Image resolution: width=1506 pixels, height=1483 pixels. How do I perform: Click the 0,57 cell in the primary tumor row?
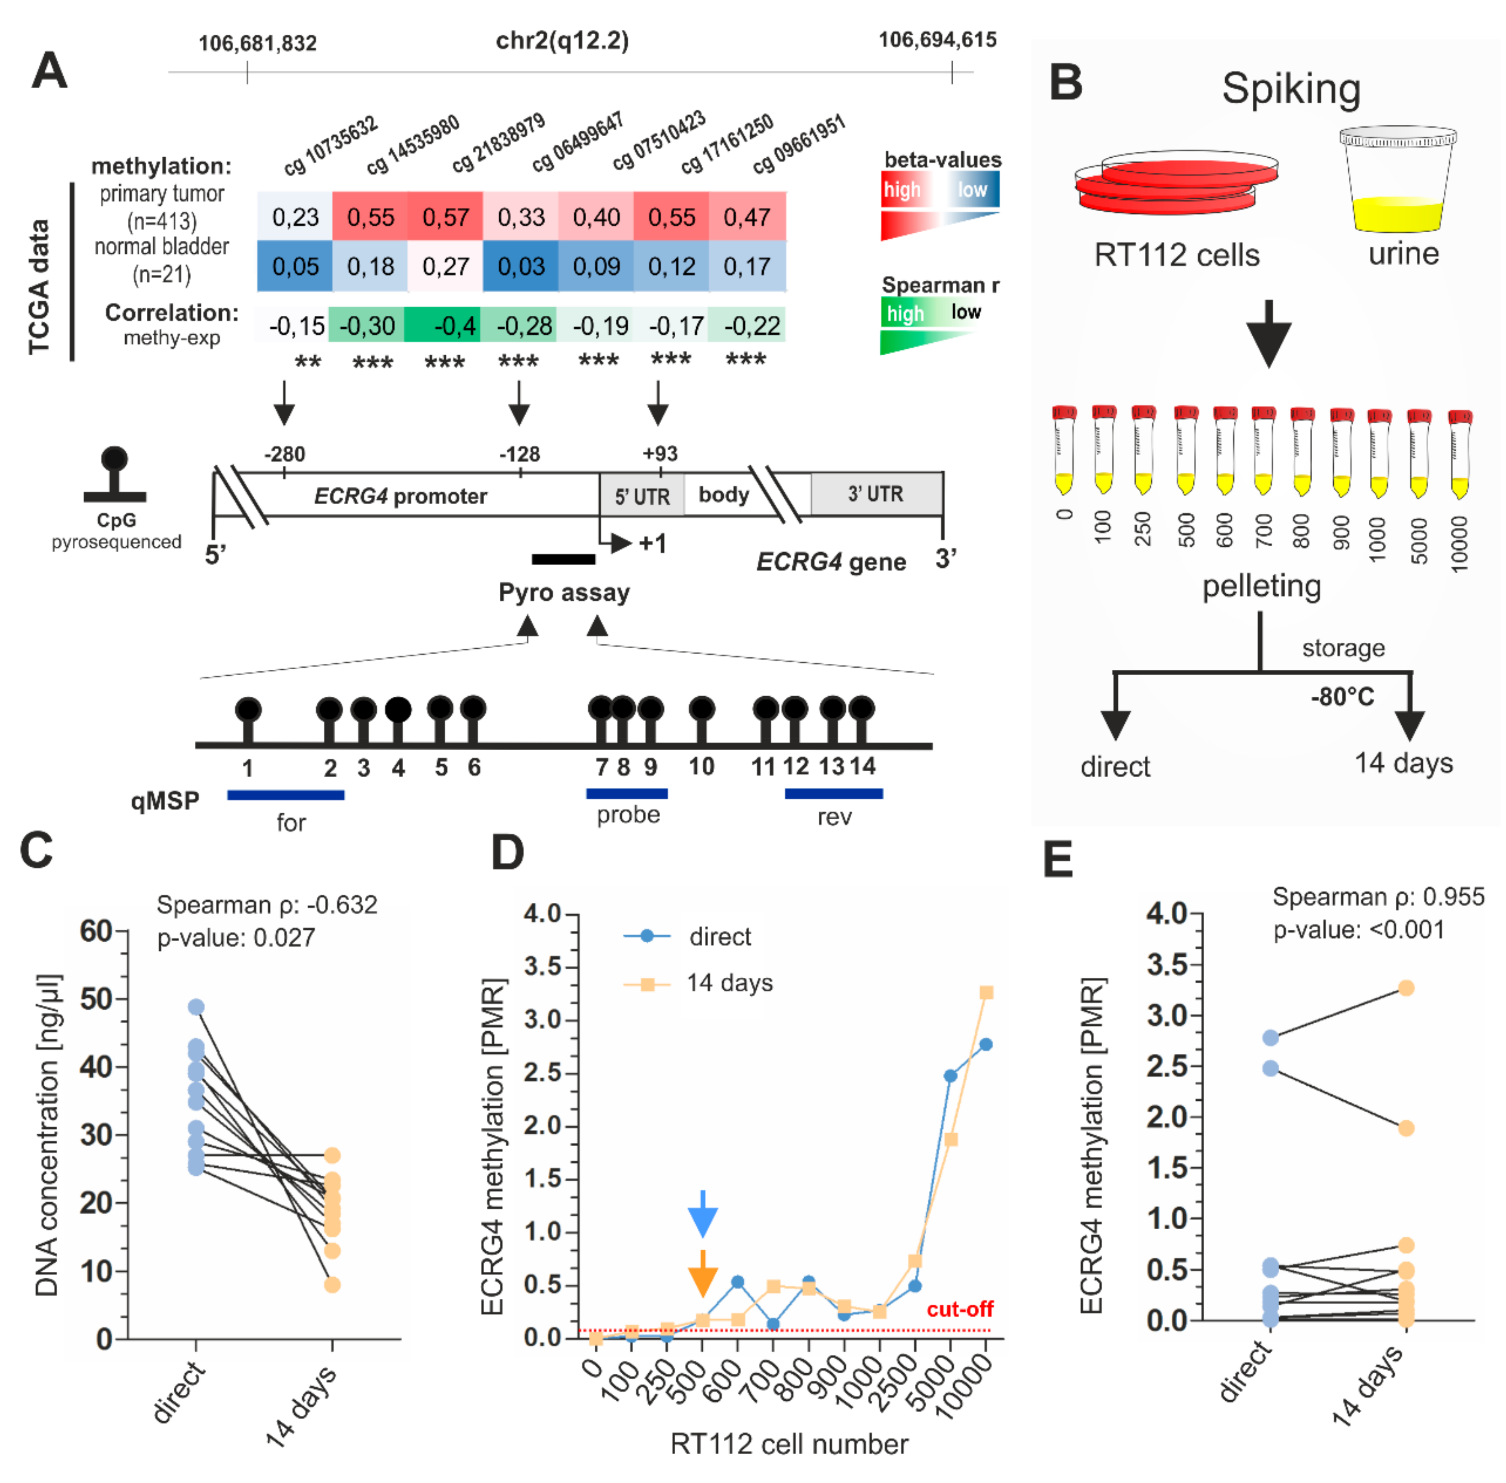pos(445,217)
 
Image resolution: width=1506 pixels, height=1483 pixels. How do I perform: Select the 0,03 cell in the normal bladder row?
pos(520,267)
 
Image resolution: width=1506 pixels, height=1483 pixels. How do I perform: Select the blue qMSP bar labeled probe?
pos(626,793)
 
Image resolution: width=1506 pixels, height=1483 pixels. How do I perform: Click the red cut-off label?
pos(959,1308)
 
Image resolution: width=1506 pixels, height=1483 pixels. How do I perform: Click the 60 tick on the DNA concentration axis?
pos(96,931)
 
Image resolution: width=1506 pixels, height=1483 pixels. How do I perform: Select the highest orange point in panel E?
pos(1405,987)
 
